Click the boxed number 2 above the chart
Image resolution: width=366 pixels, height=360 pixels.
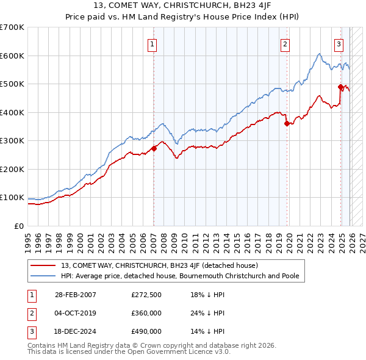[285, 43]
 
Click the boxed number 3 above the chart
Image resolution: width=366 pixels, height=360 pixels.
[339, 43]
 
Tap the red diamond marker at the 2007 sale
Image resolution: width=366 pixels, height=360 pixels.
[154, 148]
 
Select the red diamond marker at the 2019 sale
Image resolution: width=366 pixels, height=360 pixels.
[287, 124]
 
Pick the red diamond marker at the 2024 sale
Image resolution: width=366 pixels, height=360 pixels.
[341, 87]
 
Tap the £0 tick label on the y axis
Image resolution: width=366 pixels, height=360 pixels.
[18, 226]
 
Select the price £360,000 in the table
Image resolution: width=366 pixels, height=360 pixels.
[146, 313]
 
